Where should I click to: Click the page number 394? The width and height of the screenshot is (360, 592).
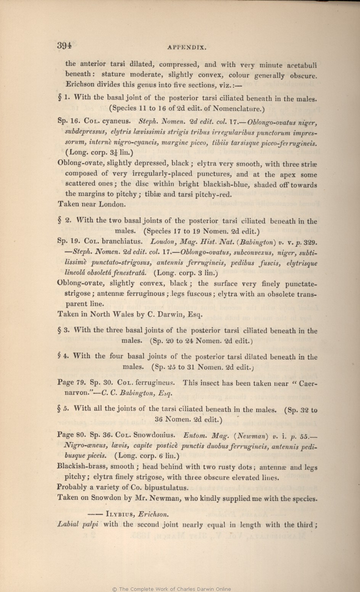pyautogui.click(x=64, y=46)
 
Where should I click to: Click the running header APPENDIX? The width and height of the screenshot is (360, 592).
pyautogui.click(x=187, y=48)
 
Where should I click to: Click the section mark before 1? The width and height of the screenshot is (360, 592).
pyautogui.click(x=59, y=98)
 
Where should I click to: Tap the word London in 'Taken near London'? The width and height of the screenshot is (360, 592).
pyautogui.click(x=112, y=204)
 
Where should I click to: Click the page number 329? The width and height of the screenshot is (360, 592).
pyautogui.click(x=310, y=242)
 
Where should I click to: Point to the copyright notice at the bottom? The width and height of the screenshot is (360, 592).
pyautogui.click(x=171, y=589)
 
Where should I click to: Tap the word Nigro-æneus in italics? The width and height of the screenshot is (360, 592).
pyautogui.click(x=86, y=445)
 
